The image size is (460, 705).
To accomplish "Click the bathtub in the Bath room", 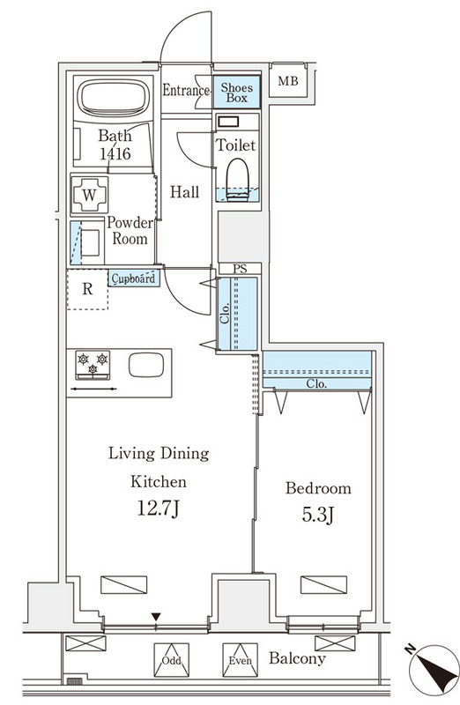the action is [113, 99].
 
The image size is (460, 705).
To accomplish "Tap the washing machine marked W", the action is [90, 195].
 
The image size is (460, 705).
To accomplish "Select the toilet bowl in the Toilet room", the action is [237, 179].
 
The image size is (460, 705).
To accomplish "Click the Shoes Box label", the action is [236, 93].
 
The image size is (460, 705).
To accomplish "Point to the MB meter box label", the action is [288, 81].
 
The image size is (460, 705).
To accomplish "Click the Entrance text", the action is [186, 91].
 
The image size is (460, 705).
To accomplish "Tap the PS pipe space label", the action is [240, 269].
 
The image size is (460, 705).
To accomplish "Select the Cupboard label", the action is [134, 278].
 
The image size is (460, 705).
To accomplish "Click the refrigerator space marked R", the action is [88, 289].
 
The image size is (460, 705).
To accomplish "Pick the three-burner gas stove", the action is [93, 365].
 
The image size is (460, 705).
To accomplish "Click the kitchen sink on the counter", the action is [146, 365].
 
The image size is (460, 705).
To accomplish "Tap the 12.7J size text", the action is [158, 508].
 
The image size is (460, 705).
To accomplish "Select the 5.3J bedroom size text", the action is [317, 515].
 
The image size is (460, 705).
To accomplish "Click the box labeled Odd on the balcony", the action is [171, 659].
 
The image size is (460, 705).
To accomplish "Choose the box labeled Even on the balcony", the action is [240, 659].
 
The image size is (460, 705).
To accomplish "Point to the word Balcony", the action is [297, 658].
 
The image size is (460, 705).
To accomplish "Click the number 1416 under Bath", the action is [115, 154].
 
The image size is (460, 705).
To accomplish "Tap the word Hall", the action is [184, 192].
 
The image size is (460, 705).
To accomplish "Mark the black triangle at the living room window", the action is [156, 616].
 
